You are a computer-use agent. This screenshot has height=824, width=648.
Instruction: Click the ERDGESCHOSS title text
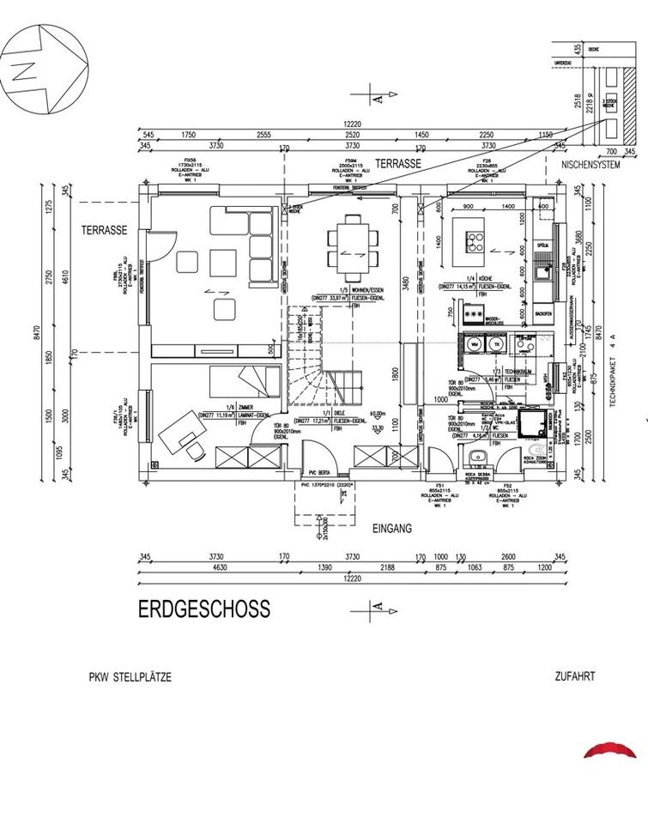[204, 609]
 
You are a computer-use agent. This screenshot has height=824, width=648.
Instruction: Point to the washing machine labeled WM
[474, 345]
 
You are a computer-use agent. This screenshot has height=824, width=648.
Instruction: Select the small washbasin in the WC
[477, 456]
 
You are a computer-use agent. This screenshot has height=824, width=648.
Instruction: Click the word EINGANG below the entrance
[391, 530]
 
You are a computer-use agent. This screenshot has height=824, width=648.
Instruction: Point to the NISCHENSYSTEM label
[590, 166]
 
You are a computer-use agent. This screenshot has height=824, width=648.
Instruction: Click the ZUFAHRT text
[575, 676]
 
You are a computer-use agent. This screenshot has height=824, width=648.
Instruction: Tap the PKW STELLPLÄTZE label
[130, 677]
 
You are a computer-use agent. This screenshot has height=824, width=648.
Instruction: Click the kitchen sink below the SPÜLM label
[542, 273]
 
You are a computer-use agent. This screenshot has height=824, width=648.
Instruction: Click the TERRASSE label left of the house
[105, 230]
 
